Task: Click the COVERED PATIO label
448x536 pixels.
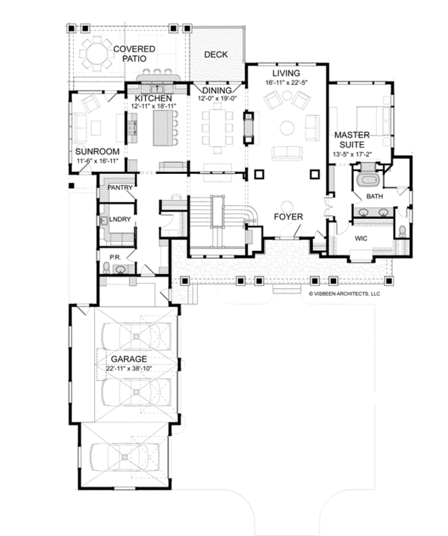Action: click(134, 54)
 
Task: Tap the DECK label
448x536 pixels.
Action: click(216, 54)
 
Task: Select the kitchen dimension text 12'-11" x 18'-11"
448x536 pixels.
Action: click(154, 106)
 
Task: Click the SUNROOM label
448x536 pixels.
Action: click(98, 152)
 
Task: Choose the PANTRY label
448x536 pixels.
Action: click(120, 187)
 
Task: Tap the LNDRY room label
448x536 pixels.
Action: click(120, 219)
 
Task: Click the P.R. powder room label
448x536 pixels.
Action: click(115, 257)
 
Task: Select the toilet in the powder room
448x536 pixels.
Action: click(106, 267)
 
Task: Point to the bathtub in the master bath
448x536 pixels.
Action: click(368, 180)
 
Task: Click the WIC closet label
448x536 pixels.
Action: click(361, 238)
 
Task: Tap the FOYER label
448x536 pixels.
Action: click(288, 216)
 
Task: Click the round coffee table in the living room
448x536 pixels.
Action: click(287, 128)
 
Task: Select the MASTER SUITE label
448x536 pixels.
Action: click(352, 140)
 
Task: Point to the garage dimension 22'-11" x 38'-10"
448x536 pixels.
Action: click(129, 369)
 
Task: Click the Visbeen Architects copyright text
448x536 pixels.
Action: click(344, 293)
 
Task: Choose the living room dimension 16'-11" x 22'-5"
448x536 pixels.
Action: click(287, 82)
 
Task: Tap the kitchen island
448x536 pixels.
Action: click(164, 128)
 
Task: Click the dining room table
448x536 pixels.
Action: click(217, 127)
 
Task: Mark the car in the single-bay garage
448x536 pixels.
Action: click(125, 457)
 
